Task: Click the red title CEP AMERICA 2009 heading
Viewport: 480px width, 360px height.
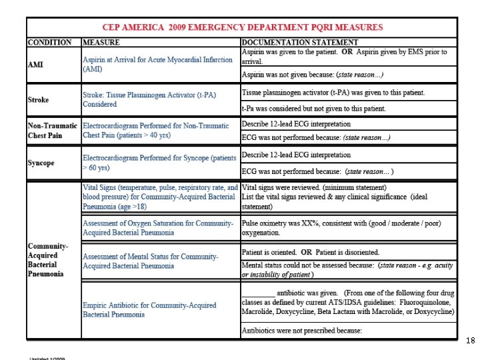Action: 242,27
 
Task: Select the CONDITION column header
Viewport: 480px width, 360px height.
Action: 50,43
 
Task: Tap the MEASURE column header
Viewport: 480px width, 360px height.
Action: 101,43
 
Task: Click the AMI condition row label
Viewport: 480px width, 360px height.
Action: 36,65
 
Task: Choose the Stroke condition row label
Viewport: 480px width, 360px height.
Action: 39,99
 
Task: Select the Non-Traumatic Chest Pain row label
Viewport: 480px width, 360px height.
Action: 53,131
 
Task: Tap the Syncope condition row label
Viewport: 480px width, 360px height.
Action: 41,163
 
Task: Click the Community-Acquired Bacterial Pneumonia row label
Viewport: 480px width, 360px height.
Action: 48,260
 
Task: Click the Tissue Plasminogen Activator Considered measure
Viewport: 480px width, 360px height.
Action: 159,99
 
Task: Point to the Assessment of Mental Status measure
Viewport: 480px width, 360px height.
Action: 151,261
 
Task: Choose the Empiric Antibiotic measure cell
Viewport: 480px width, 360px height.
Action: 150,310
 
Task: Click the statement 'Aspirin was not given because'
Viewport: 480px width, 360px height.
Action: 312,74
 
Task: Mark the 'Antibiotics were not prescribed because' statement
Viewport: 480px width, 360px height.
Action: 302,331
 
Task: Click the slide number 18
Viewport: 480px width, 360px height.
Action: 470,341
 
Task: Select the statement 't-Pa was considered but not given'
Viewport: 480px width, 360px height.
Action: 323,108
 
